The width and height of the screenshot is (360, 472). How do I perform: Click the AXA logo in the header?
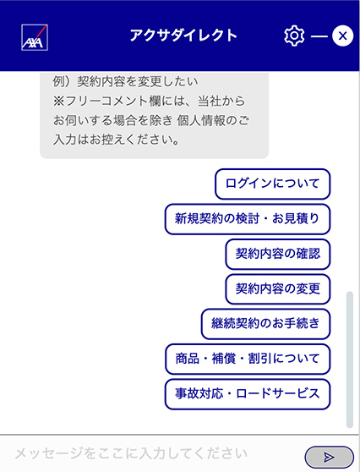coord(35,37)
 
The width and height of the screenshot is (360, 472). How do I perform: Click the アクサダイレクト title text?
coord(183,36)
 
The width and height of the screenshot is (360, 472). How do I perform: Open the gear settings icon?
coord(294,36)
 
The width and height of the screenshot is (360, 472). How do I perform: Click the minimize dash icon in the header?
coord(319,36)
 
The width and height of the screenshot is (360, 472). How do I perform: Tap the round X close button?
coord(342,36)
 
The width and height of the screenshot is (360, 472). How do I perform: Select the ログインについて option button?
coord(272,184)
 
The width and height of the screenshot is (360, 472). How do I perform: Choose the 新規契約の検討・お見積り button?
coord(248,219)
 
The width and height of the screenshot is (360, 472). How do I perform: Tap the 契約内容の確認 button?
coord(278,254)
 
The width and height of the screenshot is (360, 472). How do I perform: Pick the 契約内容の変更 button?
coord(278,288)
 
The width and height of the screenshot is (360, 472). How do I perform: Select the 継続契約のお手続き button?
coord(266,324)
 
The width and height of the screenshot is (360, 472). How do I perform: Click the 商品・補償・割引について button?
coord(248,359)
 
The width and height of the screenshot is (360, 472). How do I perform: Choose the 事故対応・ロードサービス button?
coord(248,394)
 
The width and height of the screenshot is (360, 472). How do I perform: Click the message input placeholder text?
coord(131,453)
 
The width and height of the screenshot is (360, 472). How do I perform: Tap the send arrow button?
coord(330,458)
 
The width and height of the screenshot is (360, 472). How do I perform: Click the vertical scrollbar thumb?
coord(350,359)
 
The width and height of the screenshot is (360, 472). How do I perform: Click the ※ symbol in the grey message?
coord(59,102)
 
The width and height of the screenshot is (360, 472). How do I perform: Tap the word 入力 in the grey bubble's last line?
coord(65,140)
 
